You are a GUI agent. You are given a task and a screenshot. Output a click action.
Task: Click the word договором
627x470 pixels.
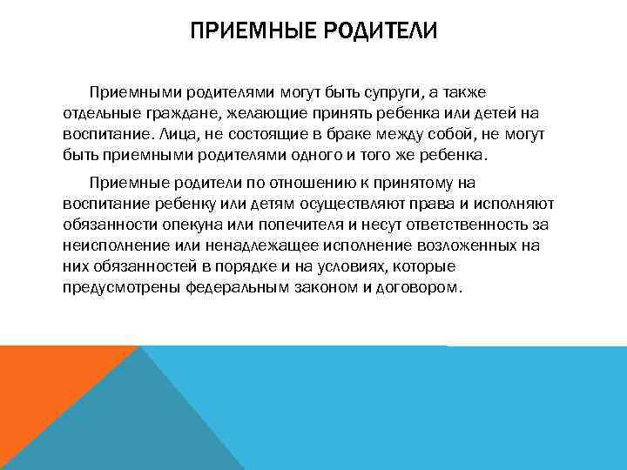click(415, 287)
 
